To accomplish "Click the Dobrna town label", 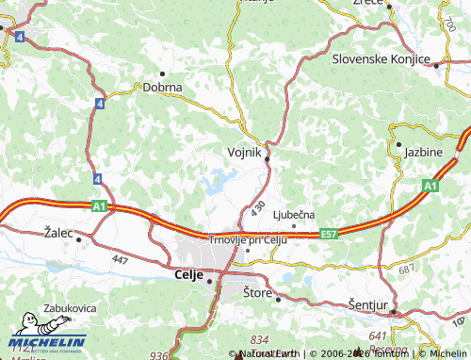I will tap(162, 87).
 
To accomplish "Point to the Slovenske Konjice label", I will tap(381, 58).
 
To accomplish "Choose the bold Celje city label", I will tap(189, 274).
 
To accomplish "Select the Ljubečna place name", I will tap(293, 216).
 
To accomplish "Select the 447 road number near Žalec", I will tap(119, 257).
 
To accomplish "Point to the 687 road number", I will tap(406, 270).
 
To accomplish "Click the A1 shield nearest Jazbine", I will tap(430, 186).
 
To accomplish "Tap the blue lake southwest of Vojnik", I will tap(219, 179).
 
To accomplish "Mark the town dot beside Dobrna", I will tap(162, 74).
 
